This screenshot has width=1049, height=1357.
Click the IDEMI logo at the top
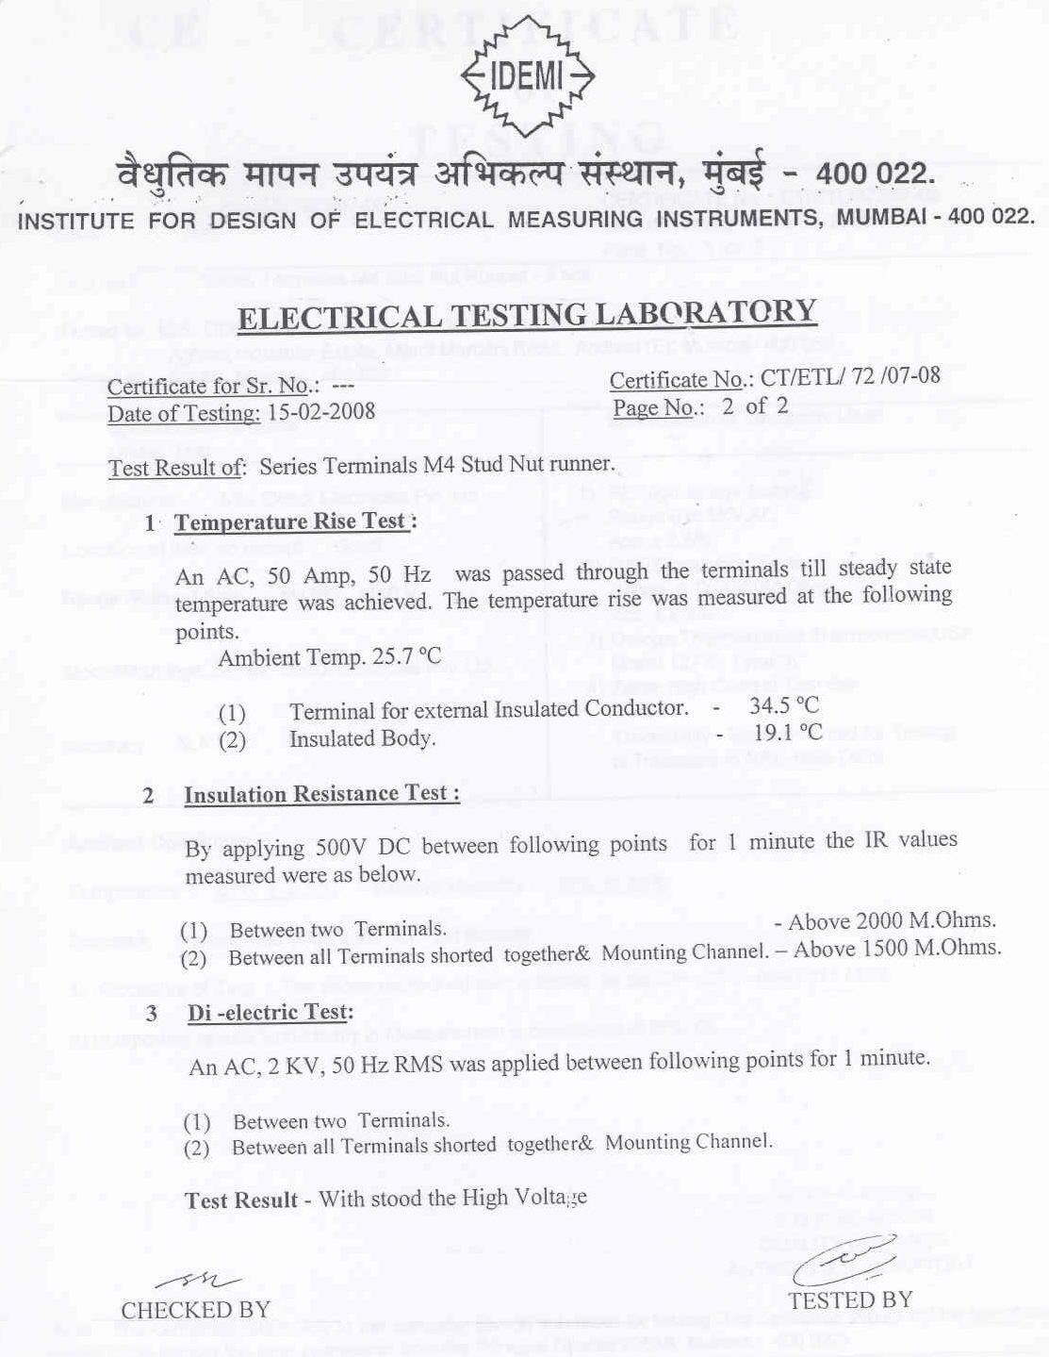point(527,78)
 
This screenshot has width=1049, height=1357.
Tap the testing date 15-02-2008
point(321,412)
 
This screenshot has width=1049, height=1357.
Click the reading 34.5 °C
point(784,704)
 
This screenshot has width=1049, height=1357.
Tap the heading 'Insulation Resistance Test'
point(320,794)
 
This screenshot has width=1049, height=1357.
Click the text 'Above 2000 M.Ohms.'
point(892,920)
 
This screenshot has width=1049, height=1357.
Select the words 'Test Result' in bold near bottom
point(241,1200)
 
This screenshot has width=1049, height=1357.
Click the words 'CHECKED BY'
point(195,1310)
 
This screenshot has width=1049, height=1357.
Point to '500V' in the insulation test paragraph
point(346,846)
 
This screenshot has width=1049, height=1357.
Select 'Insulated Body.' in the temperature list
point(362,738)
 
